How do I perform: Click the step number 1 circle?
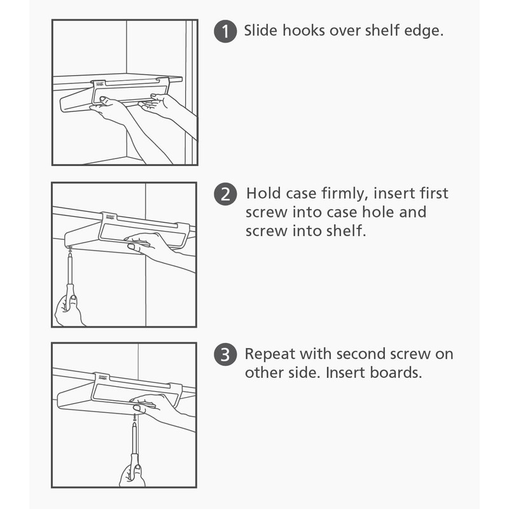pyautogui.click(x=225, y=31)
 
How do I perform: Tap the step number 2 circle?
pyautogui.click(x=225, y=193)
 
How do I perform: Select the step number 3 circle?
pyautogui.click(x=225, y=354)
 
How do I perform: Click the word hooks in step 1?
pyautogui.click(x=302, y=31)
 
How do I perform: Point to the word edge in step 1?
pyautogui.click(x=421, y=31)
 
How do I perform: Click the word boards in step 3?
pyautogui.click(x=396, y=373)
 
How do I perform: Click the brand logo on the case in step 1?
pyautogui.click(x=99, y=83)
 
